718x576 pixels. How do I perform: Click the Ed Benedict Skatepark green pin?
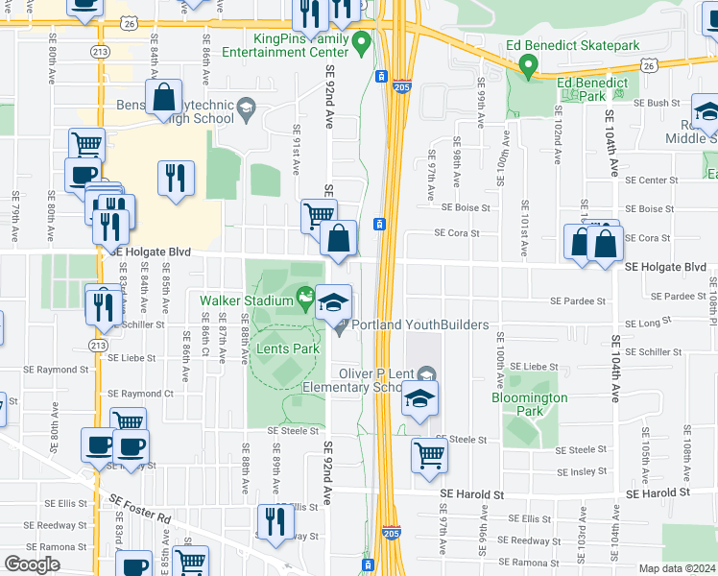click(x=527, y=67)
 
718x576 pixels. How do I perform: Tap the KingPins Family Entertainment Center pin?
click(x=361, y=41)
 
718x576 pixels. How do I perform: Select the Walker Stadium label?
click(x=246, y=300)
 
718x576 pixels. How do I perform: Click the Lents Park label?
click(x=287, y=349)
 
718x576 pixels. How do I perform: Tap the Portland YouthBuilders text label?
click(x=420, y=324)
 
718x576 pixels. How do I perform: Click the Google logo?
click(x=32, y=564)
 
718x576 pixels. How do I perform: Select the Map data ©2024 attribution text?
click(x=677, y=568)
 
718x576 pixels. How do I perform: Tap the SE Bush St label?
click(x=657, y=103)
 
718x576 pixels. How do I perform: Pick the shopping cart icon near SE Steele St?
click(x=429, y=455)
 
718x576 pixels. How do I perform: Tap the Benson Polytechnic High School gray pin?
click(x=246, y=106)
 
